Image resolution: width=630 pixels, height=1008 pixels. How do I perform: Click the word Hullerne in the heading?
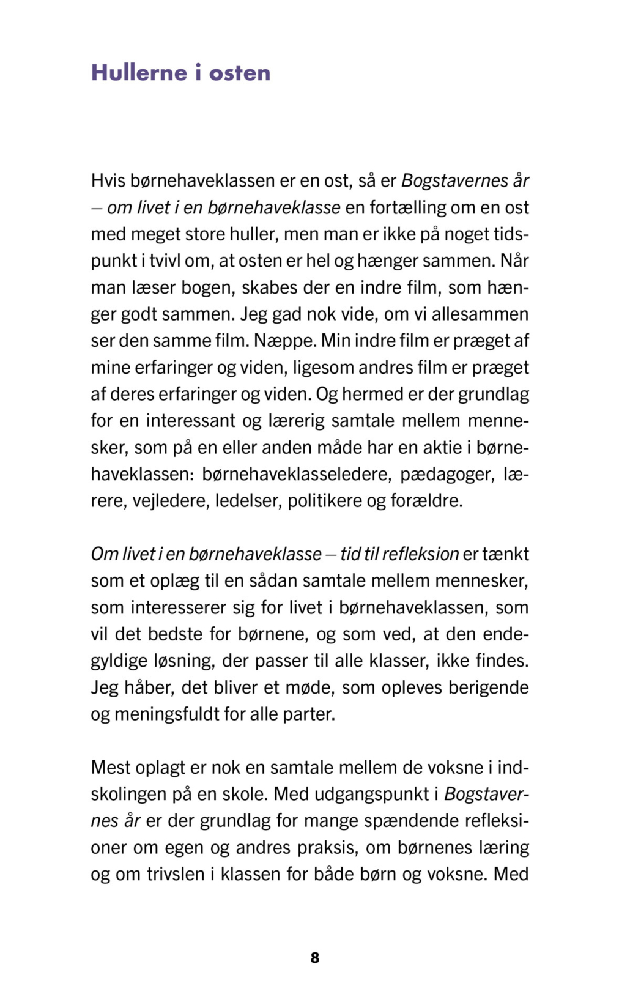coord(139,73)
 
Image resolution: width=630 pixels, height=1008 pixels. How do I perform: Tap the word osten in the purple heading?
coord(239,73)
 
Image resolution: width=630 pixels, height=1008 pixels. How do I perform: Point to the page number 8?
coord(315,957)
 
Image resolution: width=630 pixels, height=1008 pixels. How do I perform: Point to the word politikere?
coord(324,501)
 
